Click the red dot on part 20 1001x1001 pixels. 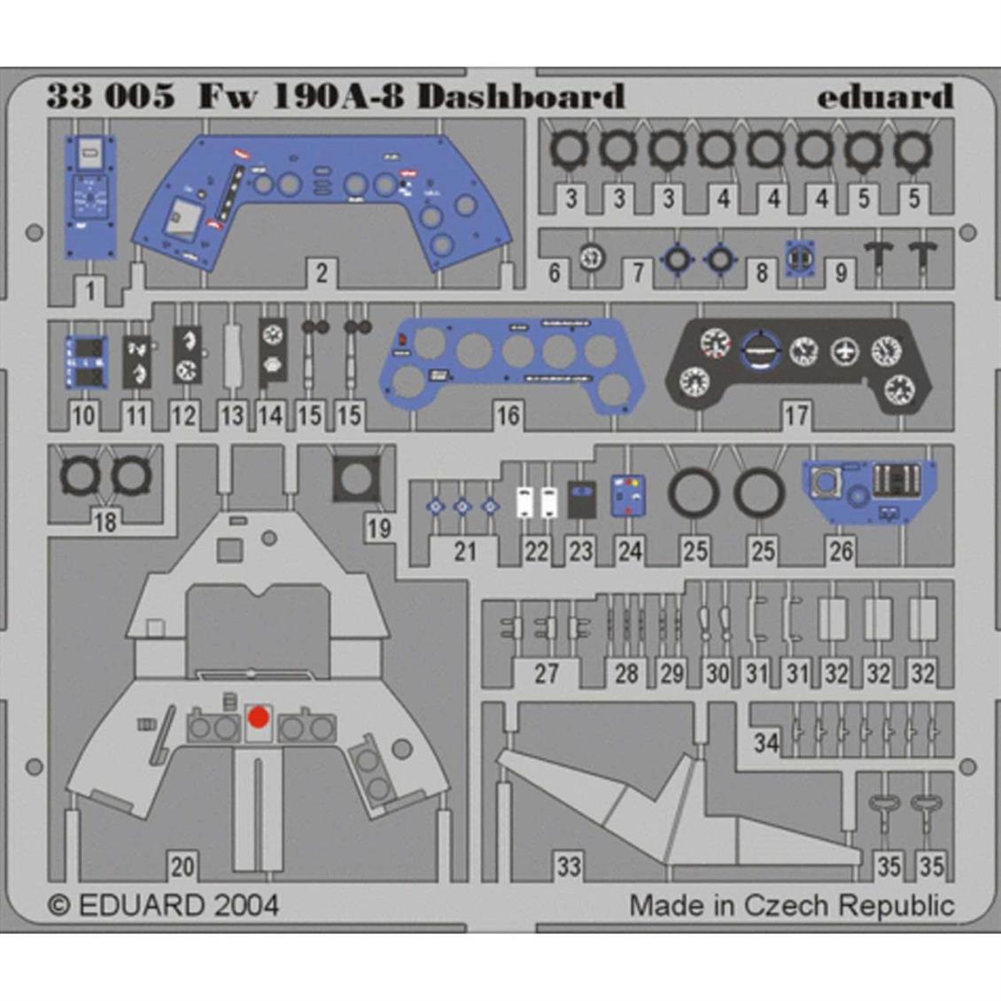pos(258,717)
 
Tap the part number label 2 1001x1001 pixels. pos(321,272)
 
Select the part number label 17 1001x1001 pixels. pos(795,415)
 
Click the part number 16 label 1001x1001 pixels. pos(508,415)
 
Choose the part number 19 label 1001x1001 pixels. pos(378,529)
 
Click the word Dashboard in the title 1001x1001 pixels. pos(521,96)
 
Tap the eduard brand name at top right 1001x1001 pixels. pos(884,96)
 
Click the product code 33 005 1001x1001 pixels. pos(111,96)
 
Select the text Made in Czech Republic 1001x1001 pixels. pos(791,905)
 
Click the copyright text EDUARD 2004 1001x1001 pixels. pos(164,905)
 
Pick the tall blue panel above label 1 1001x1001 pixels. pos(90,198)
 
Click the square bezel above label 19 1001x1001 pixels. pos(356,480)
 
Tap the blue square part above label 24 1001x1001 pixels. pos(628,496)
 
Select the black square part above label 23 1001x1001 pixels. pos(581,498)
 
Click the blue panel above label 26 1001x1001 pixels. pos(869,490)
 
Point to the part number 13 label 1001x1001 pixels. pos(231,415)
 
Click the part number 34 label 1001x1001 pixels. pos(766,741)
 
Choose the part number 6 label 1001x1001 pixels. pos(555,272)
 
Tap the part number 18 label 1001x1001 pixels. pos(105,522)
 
